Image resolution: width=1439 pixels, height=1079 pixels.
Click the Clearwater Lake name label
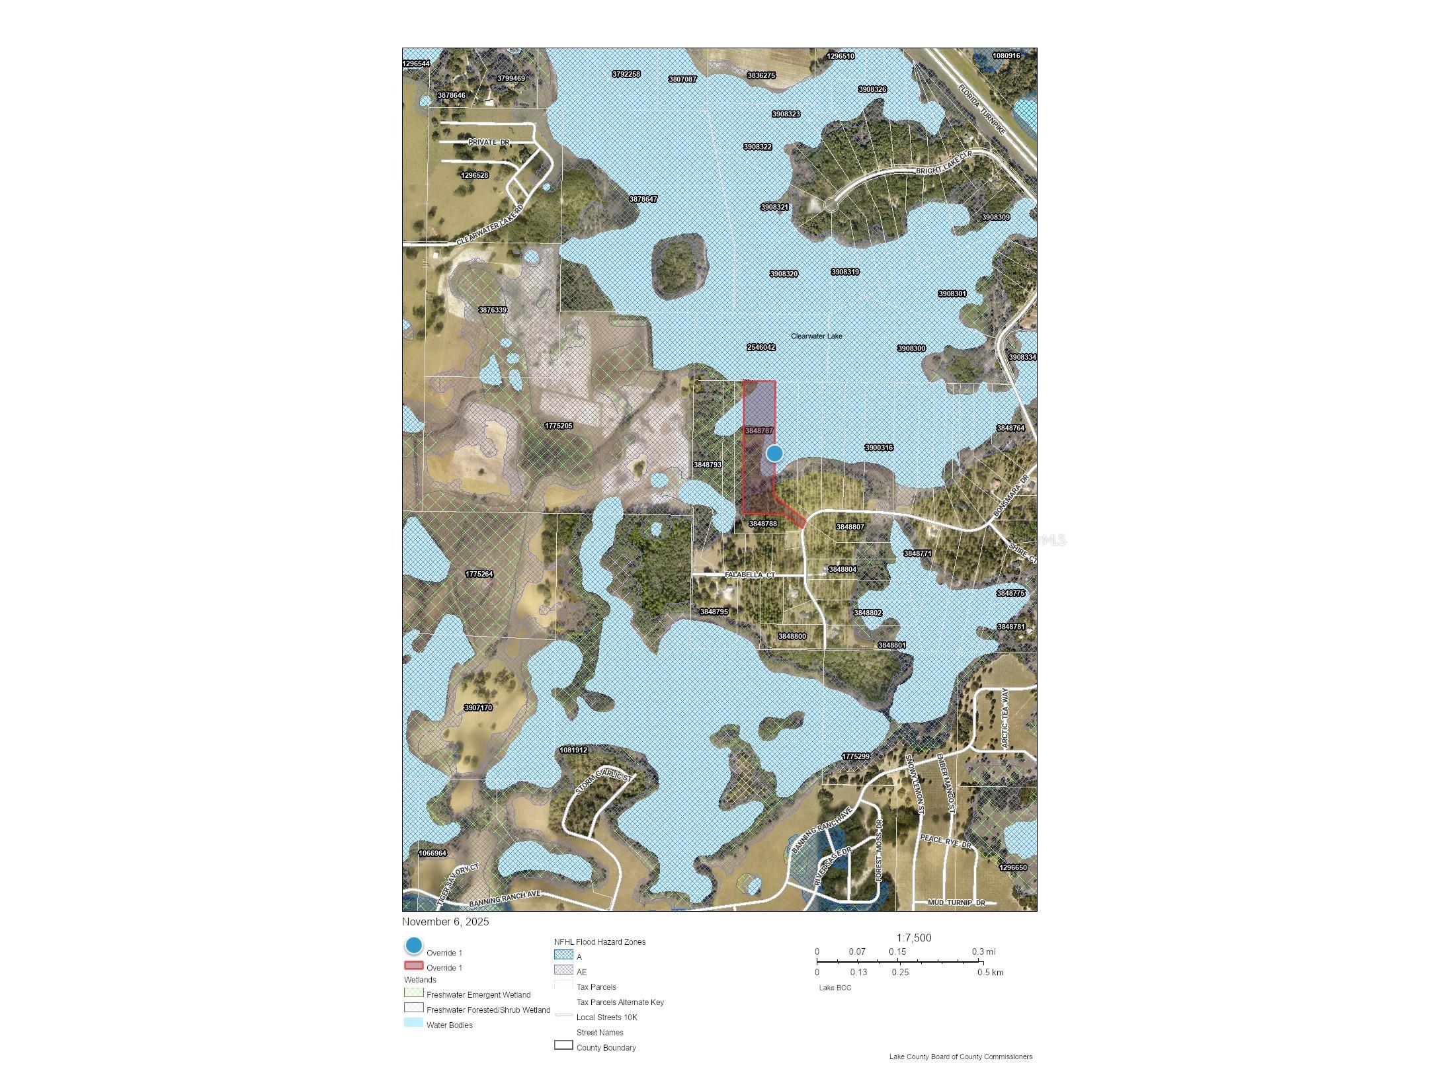816,336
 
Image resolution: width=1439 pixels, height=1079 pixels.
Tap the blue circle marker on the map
774,453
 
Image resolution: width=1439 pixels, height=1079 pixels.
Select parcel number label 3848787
759,430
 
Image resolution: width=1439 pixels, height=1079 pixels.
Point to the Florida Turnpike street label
982,110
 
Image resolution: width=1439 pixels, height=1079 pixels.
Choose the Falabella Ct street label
749,575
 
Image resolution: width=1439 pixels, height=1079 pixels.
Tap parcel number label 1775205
558,426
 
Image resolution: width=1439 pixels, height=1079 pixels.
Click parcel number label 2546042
761,347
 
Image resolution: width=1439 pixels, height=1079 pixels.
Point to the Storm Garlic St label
603,781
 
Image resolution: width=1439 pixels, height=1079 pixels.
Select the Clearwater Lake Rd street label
490,225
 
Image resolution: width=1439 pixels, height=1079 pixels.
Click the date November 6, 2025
445,922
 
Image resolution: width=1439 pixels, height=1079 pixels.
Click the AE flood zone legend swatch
563,970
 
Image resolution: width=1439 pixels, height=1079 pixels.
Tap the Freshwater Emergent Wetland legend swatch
413,993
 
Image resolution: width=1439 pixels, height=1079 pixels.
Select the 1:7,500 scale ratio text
913,938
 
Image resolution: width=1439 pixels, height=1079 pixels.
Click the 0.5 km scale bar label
990,972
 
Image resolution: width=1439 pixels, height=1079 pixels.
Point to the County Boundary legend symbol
563,1045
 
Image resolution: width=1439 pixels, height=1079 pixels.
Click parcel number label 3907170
477,707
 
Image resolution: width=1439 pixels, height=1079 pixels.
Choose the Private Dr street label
489,142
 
